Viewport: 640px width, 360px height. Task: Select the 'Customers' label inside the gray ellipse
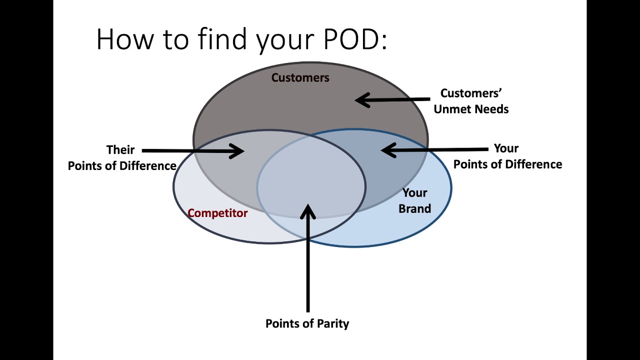pyautogui.click(x=300, y=77)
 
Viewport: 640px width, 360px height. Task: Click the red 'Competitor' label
pyautogui.click(x=217, y=213)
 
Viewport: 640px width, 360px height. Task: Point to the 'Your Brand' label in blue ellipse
pyautogui.click(x=414, y=200)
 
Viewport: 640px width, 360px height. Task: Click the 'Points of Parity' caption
pyautogui.click(x=307, y=323)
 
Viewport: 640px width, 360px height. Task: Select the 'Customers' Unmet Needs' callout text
pyautogui.click(x=471, y=101)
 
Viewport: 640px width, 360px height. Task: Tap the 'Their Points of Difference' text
pyautogui.click(x=121, y=157)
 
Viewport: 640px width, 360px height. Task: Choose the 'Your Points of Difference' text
pyautogui.click(x=507, y=156)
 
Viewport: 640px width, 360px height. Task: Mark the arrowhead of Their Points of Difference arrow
pyautogui.click(x=237, y=151)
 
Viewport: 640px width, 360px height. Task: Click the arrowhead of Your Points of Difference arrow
pyautogui.click(x=388, y=150)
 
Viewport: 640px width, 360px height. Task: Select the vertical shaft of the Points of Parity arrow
pyautogui.click(x=307, y=265)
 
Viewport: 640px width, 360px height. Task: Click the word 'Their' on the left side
pyautogui.click(x=120, y=149)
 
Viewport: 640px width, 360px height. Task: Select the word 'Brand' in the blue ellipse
pyautogui.click(x=414, y=208)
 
